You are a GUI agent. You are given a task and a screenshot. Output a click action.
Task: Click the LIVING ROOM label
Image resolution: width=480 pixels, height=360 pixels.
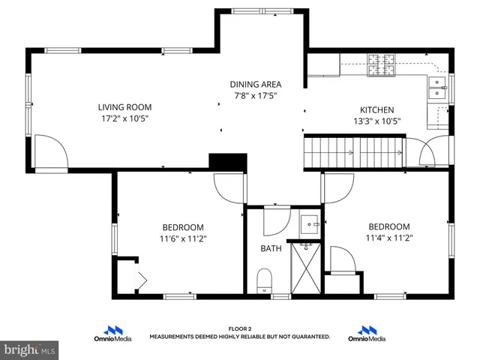[127, 106]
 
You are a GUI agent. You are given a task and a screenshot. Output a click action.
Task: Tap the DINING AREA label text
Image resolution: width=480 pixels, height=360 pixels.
[255, 84]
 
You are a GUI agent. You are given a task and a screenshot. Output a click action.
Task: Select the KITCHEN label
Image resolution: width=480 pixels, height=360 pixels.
[376, 109]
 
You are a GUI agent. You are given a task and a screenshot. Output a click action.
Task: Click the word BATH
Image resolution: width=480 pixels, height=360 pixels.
[271, 248]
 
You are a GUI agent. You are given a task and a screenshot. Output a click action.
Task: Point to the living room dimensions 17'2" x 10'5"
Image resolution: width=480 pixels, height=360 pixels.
[127, 118]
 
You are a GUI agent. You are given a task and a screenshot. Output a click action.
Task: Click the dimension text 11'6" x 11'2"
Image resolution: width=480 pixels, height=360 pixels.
[183, 238]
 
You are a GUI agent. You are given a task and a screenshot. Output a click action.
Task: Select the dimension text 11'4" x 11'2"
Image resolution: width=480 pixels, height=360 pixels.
[388, 238]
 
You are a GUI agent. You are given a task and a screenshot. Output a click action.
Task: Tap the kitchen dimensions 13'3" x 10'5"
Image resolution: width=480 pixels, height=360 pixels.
[376, 121]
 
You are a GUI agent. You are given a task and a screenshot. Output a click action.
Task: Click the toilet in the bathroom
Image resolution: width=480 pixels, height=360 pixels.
[263, 281]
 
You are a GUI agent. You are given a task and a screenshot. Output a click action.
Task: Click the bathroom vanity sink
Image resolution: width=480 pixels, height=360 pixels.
[309, 223]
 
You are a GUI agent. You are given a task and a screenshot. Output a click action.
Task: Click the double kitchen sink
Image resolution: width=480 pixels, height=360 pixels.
[436, 88]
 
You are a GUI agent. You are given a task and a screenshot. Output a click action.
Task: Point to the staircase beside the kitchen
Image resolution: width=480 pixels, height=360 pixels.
[352, 152]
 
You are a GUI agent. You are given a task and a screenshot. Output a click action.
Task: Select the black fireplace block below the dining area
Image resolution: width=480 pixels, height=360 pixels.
[228, 162]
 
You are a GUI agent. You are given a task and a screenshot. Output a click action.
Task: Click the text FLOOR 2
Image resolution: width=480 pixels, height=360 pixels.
[240, 328]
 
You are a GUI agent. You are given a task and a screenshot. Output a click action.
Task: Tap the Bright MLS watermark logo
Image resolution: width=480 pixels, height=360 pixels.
[29, 349]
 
